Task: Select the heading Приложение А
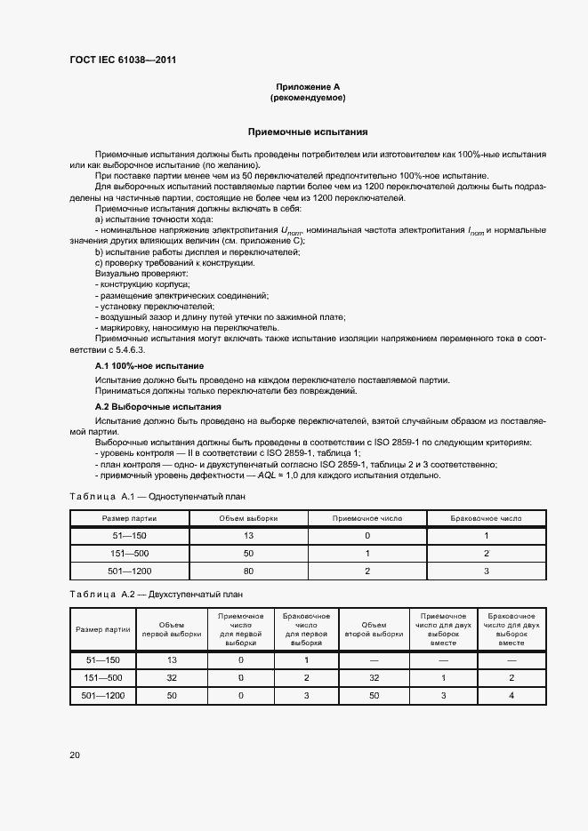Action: click(308, 86)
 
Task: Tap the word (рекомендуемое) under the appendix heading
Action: click(308, 98)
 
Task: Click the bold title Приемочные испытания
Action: click(308, 132)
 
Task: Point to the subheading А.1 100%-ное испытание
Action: click(149, 366)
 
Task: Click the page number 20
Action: click(75, 755)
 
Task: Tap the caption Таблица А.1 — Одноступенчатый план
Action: click(157, 496)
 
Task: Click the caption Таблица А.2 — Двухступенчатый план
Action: click(156, 594)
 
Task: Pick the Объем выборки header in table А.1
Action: click(248, 517)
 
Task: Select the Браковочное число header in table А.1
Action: click(487, 517)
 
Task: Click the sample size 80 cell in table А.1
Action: click(248, 571)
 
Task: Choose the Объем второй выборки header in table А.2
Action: click(375, 629)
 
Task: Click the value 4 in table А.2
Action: click(511, 695)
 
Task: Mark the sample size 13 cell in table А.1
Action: click(248, 536)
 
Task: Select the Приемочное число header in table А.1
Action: click(367, 517)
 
